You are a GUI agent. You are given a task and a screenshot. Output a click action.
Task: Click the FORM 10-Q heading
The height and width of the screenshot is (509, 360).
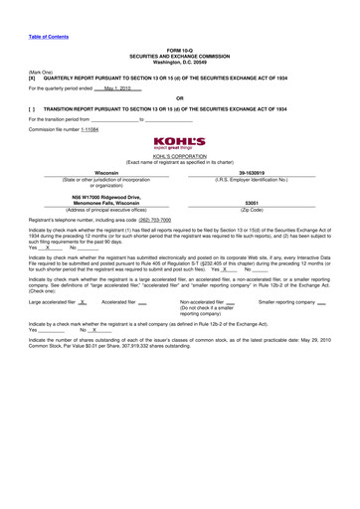point(180,49)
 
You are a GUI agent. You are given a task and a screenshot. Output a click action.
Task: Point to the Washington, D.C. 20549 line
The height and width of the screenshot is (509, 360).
point(180,62)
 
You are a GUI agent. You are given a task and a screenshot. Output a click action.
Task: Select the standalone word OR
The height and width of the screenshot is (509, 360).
point(179,97)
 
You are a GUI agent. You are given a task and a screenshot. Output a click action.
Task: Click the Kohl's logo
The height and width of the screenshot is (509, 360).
point(180,145)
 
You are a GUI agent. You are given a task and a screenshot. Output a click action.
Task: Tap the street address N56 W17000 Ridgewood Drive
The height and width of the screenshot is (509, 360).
point(91,198)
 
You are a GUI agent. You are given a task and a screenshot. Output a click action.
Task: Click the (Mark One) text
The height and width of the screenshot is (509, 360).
point(41,72)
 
